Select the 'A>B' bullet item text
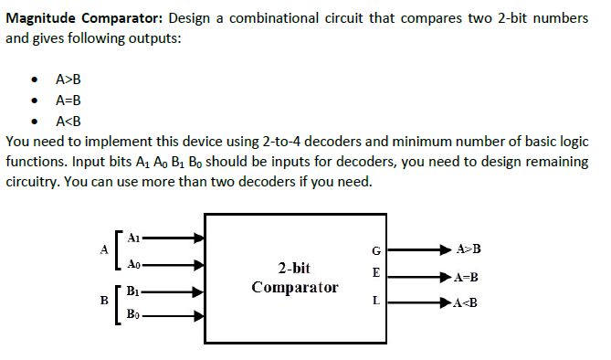pos(69,79)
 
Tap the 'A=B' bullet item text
pos(69,101)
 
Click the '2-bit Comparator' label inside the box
pos(294,278)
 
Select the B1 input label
pos(134,292)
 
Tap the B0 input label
pos(134,318)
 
